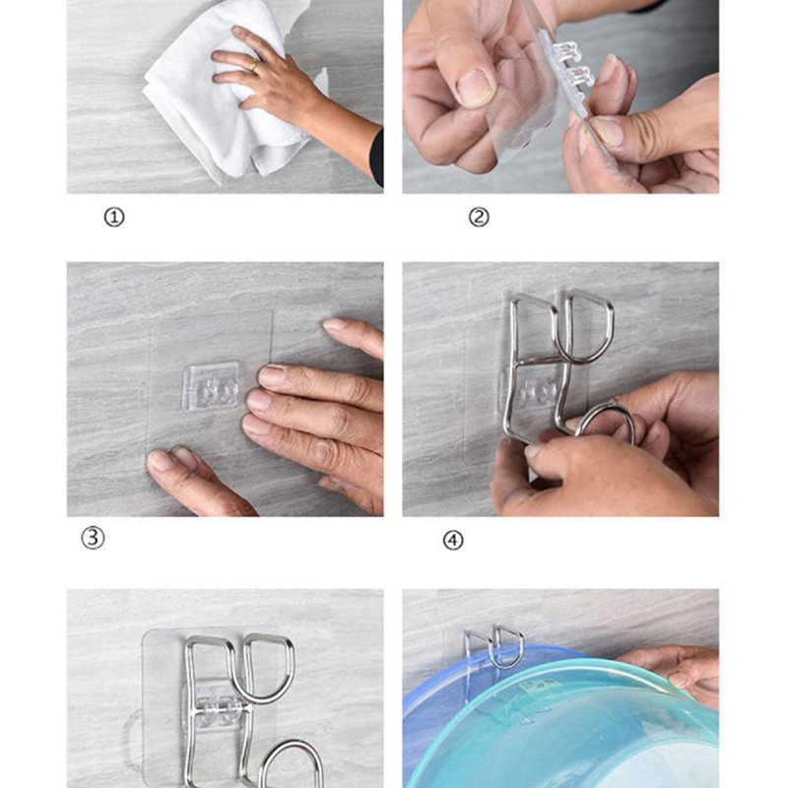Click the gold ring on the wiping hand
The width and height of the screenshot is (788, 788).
point(254,65)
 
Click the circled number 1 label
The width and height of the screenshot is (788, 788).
point(114,218)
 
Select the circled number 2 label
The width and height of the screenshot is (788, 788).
point(479,218)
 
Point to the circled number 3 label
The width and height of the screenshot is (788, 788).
point(93,538)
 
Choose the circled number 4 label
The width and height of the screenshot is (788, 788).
point(453,541)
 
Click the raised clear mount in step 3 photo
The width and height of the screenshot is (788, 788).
point(210,386)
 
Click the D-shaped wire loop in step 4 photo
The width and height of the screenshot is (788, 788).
point(585,326)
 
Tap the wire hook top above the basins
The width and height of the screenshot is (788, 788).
point(495,643)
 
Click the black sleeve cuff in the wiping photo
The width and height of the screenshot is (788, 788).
point(377,159)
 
